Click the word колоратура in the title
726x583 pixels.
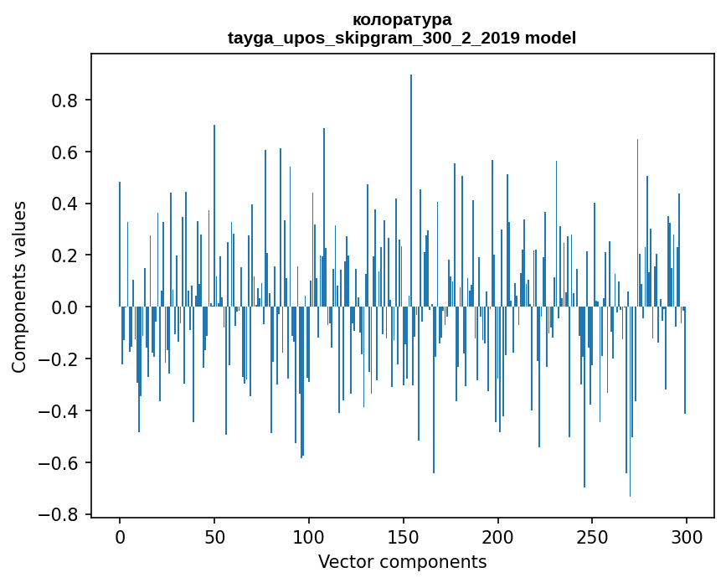coord(402,19)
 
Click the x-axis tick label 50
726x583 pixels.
coord(214,536)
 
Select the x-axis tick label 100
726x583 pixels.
coord(309,536)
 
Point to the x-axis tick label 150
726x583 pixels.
coord(404,536)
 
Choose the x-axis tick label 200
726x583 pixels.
coord(498,536)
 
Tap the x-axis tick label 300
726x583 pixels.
coord(687,536)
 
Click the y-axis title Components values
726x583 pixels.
coord(19,286)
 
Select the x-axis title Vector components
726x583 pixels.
coord(402,561)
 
